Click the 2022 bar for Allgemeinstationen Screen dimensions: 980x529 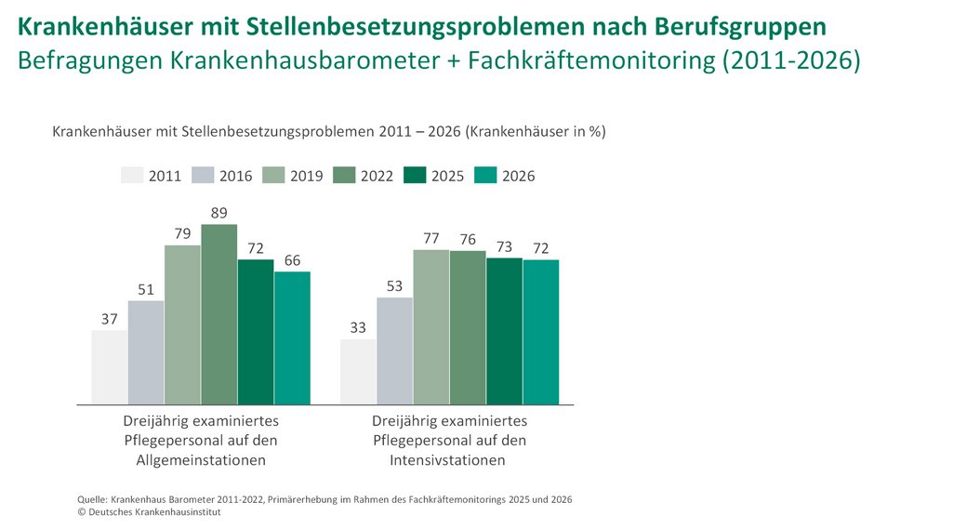[x=219, y=314]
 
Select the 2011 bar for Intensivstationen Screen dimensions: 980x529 [x=358, y=372]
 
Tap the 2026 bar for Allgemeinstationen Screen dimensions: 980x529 [x=292, y=338]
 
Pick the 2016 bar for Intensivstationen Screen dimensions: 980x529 [x=394, y=351]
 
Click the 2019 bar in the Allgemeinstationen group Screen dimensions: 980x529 [x=182, y=325]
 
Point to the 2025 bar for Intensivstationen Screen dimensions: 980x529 [x=504, y=331]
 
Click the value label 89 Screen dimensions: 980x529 [x=219, y=213]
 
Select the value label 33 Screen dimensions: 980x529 [x=357, y=327]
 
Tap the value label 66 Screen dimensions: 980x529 [x=292, y=260]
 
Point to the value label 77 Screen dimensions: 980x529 [x=431, y=238]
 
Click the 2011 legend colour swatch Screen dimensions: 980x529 [x=133, y=175]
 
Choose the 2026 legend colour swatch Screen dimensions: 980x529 [x=485, y=175]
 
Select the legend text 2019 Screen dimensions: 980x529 [x=306, y=177]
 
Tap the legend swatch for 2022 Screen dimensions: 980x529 [x=344, y=175]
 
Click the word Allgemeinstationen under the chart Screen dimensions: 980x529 [x=201, y=460]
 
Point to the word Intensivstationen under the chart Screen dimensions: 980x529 [x=447, y=460]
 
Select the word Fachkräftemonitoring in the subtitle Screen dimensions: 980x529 [x=591, y=60]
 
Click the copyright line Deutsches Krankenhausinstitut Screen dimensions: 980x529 [x=149, y=512]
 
